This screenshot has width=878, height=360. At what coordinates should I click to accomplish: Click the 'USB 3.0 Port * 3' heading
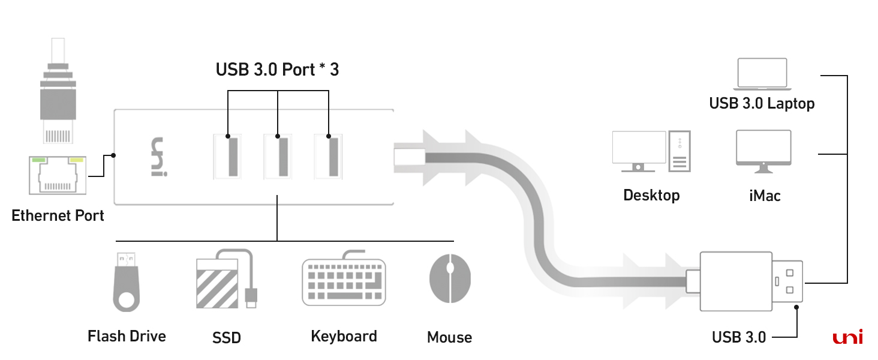click(x=277, y=70)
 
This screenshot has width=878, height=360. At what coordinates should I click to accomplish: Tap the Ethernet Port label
click(x=58, y=215)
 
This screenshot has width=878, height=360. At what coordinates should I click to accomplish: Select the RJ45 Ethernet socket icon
click(x=57, y=175)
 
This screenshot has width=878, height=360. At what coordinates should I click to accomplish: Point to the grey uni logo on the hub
click(x=157, y=157)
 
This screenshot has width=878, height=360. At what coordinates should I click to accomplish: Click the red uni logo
click(x=847, y=338)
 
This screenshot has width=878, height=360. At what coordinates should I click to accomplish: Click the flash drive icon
click(x=125, y=282)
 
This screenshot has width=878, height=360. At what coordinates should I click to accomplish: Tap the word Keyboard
click(x=344, y=336)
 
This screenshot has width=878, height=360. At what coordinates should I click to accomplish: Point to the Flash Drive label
click(x=127, y=336)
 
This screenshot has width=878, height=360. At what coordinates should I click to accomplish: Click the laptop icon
click(x=762, y=74)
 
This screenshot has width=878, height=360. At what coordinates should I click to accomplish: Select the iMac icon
click(x=763, y=151)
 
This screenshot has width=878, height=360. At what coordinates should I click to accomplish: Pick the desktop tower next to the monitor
click(x=679, y=151)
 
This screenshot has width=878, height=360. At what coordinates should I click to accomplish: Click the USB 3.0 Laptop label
click(x=762, y=103)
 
